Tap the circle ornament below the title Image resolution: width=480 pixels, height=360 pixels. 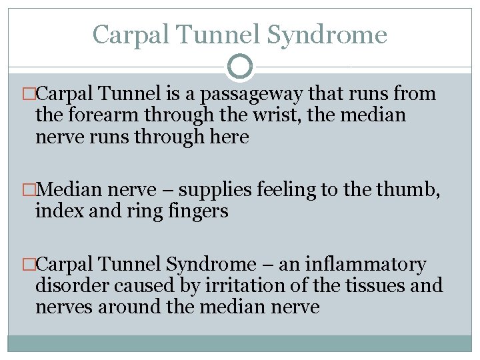click(240, 66)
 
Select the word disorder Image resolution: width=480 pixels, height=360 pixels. click(73, 286)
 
